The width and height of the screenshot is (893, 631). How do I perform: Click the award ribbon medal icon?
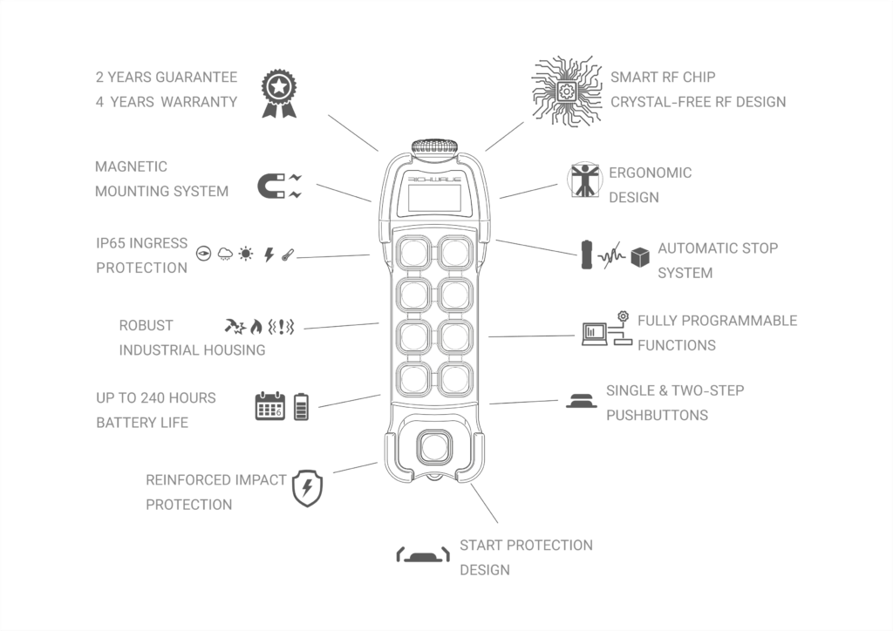click(279, 94)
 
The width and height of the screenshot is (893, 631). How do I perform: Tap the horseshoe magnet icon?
click(271, 186)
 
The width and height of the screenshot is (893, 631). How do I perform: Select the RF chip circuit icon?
click(567, 91)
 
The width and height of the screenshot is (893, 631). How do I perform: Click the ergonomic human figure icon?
click(584, 181)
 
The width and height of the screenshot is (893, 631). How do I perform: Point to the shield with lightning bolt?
click(308, 488)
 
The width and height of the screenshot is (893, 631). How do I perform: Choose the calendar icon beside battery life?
click(270, 405)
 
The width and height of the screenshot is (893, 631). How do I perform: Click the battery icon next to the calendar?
click(301, 407)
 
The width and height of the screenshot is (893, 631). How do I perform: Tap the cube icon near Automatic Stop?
click(640, 257)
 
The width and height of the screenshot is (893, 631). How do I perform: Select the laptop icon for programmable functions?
click(595, 334)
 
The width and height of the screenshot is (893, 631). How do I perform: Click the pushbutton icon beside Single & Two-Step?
click(582, 401)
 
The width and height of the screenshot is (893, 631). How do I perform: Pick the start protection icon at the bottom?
click(423, 555)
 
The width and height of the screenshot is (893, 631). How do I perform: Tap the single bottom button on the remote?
click(434, 447)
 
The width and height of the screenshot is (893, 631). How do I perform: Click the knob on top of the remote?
click(435, 146)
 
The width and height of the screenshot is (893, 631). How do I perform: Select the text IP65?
click(112, 243)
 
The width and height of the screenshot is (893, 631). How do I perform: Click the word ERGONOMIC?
click(651, 173)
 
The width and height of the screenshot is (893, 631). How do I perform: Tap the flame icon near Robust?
click(256, 327)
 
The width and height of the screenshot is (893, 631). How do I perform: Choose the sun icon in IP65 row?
click(245, 254)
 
